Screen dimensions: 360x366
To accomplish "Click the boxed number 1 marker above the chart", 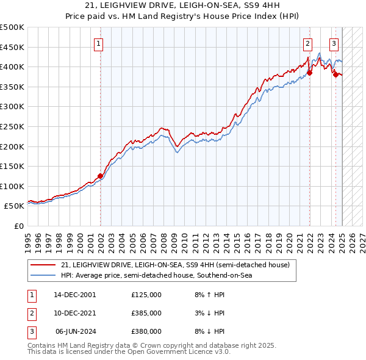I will click(x=99, y=43).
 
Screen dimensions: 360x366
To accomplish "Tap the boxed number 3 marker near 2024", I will click(x=334, y=43).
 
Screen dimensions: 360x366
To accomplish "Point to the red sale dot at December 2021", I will click(x=309, y=73).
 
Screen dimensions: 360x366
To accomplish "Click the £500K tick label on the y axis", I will click(x=12, y=27).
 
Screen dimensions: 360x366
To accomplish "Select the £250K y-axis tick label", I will click(x=12, y=126).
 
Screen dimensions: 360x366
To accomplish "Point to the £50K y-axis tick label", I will click(x=14, y=206).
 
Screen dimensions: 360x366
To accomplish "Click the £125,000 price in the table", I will click(x=146, y=295).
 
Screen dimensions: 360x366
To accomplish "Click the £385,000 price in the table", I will click(x=146, y=313).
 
